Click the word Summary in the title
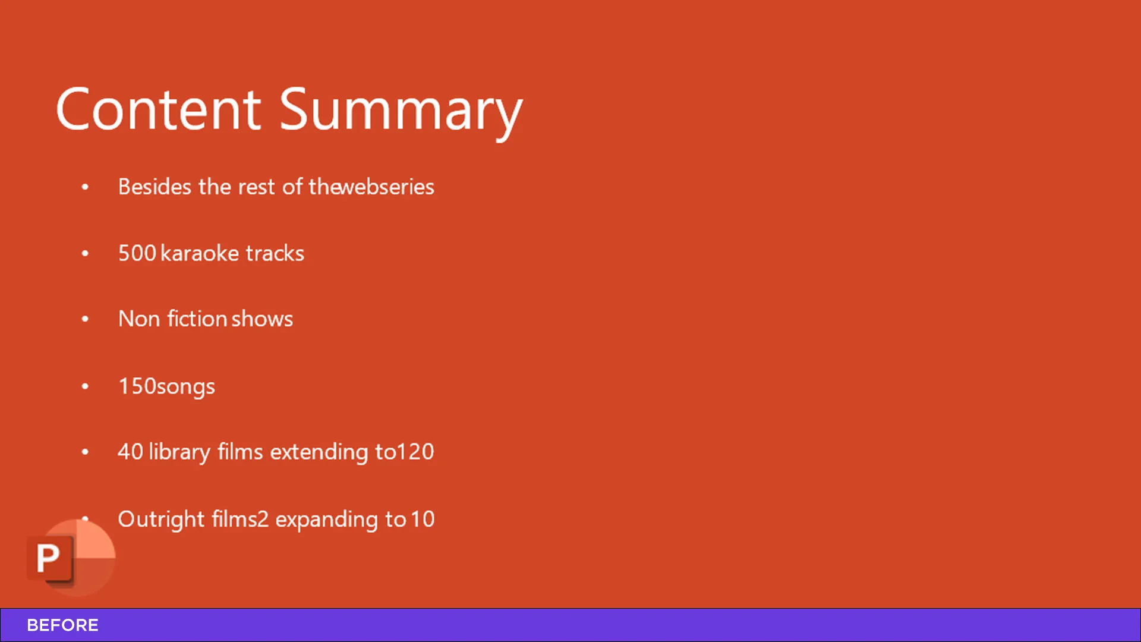[x=401, y=113]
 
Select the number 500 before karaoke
[x=137, y=253]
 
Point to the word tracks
[x=275, y=253]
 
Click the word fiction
[x=197, y=319]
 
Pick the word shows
[x=262, y=319]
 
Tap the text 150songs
[x=166, y=386]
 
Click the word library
[x=179, y=452]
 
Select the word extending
[x=319, y=452]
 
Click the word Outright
[x=162, y=519]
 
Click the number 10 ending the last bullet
[x=423, y=520]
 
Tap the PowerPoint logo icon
[x=71, y=558]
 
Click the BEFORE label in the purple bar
[x=62, y=625]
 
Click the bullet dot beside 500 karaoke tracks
[x=85, y=253]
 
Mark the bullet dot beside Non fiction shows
[x=85, y=319]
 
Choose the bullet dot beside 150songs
[x=85, y=386]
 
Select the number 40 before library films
[x=130, y=452]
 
